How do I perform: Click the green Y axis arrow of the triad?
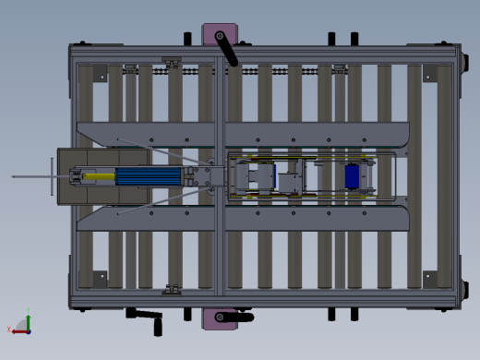tap(28, 317)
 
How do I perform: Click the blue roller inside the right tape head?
tap(352, 175)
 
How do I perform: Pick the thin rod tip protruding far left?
tap(15, 174)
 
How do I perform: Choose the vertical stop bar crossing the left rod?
tap(51, 175)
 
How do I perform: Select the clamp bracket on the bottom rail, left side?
tap(172, 290)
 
